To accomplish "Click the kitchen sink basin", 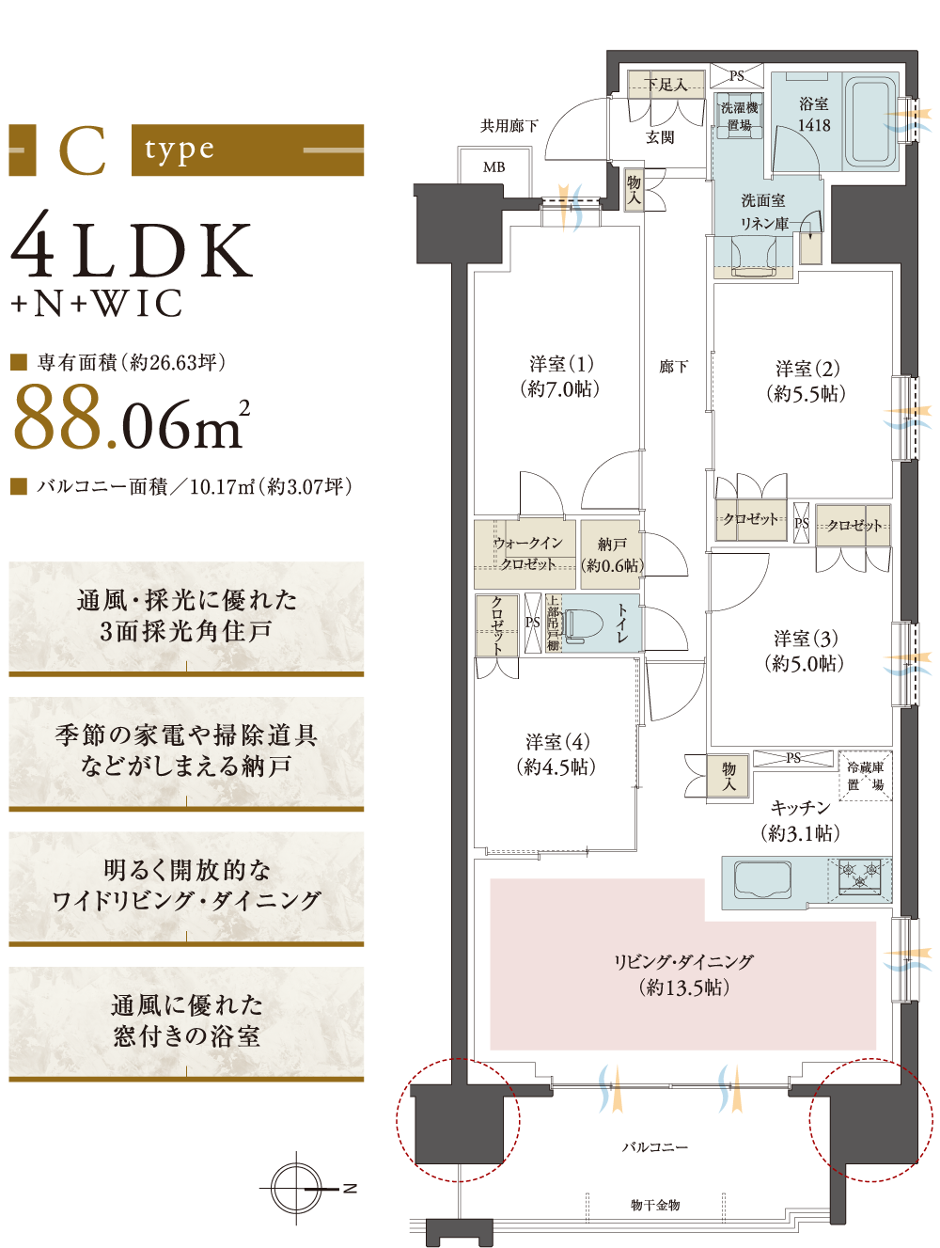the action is click(762, 880).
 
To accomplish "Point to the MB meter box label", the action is click(493, 167).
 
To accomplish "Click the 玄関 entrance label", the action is click(660, 137).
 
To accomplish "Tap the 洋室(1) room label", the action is click(560, 376).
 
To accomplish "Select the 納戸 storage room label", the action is click(612, 555).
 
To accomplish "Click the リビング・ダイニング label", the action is click(683, 974).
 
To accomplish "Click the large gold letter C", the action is click(83, 150).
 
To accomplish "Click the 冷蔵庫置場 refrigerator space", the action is click(865, 776).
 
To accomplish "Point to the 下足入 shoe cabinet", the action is click(666, 86).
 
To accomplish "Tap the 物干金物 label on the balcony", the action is click(654, 1205).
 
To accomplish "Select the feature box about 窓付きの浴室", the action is click(186, 1023).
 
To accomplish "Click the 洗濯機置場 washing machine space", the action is click(739, 116).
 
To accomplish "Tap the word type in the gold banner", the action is click(180, 150).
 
